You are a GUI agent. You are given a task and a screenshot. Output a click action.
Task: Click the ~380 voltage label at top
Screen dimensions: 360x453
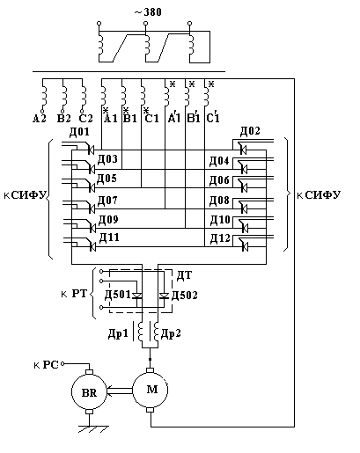point(148,12)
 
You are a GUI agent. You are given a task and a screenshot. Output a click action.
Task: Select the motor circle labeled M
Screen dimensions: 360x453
point(151,390)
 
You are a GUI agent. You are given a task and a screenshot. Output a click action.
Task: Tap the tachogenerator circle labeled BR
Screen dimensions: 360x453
point(89,392)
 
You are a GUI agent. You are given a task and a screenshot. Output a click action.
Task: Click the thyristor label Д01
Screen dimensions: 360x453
point(79,132)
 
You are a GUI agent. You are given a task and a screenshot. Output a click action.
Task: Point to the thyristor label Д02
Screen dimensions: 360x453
point(250,131)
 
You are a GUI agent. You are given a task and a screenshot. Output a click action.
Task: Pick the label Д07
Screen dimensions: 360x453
point(107,201)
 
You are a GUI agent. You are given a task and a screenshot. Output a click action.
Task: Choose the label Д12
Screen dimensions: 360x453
point(220,239)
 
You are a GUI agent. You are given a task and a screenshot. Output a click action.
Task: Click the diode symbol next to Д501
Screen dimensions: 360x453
point(137,296)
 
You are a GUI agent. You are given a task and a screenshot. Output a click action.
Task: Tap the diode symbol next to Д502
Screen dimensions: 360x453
point(164,296)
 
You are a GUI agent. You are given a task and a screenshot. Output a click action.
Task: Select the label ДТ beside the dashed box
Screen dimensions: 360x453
point(184,275)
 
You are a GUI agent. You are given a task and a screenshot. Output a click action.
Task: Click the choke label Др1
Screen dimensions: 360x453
point(118,334)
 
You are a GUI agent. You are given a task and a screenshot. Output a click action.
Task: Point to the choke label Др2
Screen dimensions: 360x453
point(171,333)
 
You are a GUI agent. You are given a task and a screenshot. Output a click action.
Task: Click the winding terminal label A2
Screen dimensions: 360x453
point(40,119)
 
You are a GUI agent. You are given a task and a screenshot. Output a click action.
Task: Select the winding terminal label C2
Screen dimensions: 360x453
point(85,119)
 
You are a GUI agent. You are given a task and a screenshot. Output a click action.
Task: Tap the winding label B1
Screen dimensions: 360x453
point(130,117)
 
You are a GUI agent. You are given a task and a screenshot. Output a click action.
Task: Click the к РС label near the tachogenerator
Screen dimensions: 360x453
point(46,365)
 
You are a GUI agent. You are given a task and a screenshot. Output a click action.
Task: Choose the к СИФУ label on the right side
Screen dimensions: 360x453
point(319,195)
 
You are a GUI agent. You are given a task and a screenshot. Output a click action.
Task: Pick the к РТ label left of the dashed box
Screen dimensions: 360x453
point(74,294)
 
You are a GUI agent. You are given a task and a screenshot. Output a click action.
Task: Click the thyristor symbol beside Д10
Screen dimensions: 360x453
point(244,227)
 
